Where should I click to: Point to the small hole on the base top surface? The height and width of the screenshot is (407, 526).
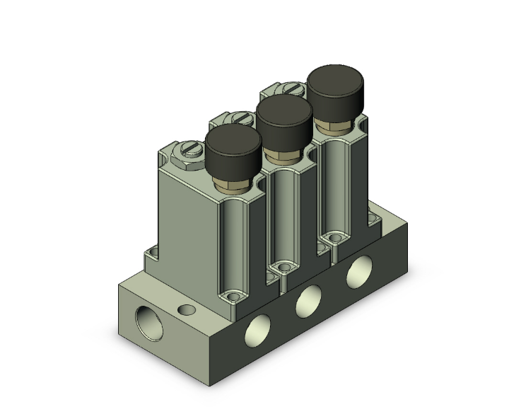[x=187, y=309]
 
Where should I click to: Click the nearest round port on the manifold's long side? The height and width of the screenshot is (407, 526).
[x=256, y=333]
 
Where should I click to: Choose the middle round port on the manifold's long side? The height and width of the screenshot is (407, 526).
[x=308, y=302]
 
